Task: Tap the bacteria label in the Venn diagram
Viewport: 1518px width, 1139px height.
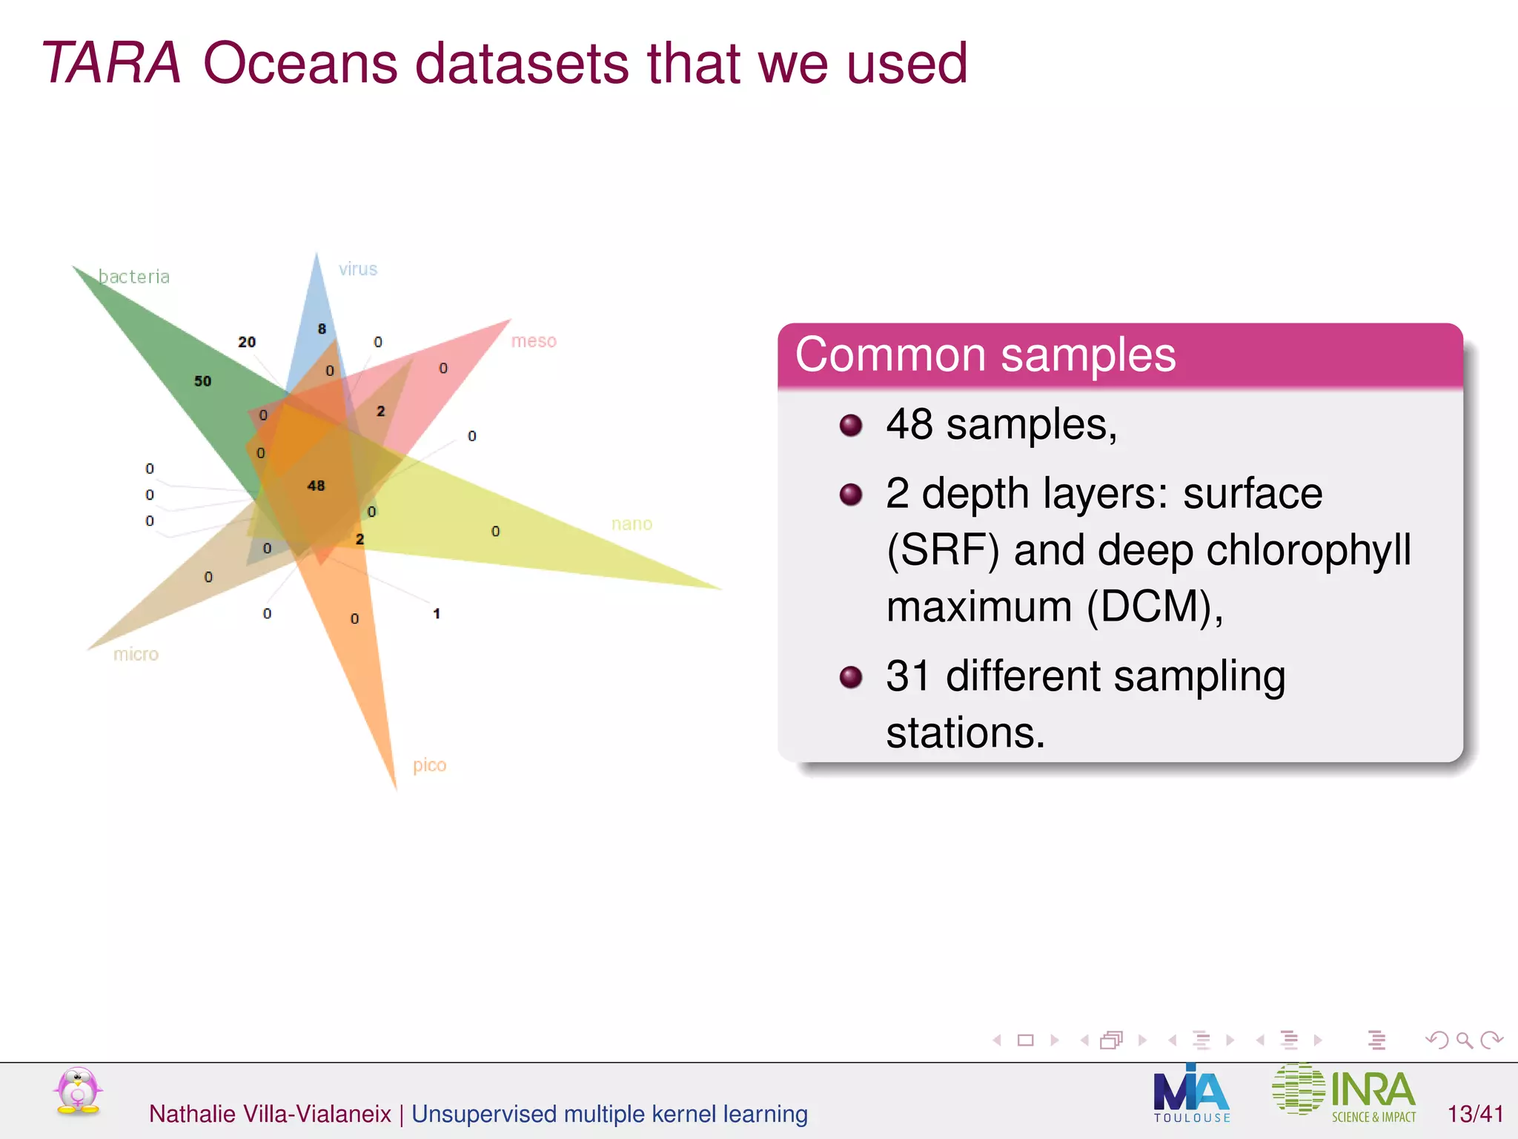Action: click(134, 277)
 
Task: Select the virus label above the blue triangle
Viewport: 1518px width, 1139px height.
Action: click(358, 269)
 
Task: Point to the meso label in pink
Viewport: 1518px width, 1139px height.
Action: click(534, 341)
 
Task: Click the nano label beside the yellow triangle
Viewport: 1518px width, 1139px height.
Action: click(632, 524)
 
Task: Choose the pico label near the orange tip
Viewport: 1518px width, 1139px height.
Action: click(429, 765)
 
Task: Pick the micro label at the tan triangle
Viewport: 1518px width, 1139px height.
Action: click(136, 654)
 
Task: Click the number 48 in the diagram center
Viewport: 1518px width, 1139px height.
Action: click(316, 486)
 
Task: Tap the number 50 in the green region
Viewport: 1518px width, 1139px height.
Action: click(202, 381)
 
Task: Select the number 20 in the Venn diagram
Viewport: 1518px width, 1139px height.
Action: click(247, 342)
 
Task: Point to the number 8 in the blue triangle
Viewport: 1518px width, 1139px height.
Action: click(322, 329)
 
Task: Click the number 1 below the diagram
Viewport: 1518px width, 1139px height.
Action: click(437, 614)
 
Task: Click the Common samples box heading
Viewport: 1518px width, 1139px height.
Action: click(985, 354)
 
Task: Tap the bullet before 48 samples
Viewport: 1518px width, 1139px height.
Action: click(851, 426)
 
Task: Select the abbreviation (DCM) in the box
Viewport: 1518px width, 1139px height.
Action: click(1153, 607)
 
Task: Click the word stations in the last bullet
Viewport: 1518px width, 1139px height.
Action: click(965, 733)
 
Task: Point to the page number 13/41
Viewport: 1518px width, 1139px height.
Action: click(1475, 1114)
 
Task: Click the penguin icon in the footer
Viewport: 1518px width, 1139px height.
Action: click(78, 1092)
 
